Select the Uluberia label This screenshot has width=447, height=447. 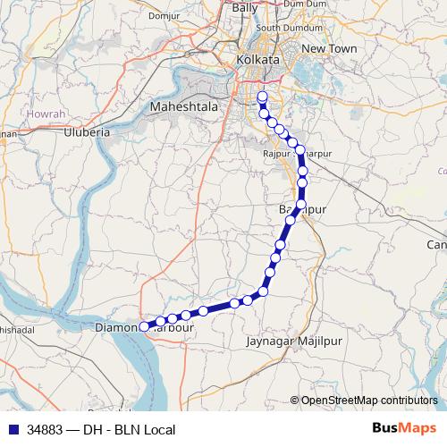(x=87, y=131)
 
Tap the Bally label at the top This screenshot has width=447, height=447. (x=244, y=7)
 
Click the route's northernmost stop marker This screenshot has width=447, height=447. (x=262, y=98)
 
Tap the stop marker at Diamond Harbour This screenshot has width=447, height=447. (x=144, y=327)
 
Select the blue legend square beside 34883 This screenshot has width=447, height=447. (x=11, y=430)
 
